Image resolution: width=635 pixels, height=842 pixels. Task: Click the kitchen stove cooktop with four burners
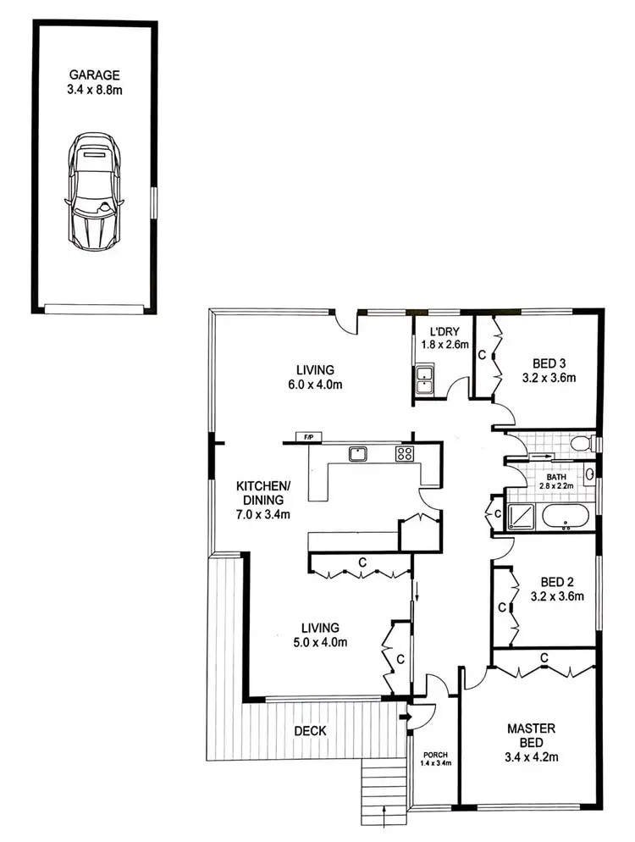pos(404,453)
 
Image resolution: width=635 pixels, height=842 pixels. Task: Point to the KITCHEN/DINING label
pos(263,493)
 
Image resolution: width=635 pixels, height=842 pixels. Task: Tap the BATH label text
pos(556,477)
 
